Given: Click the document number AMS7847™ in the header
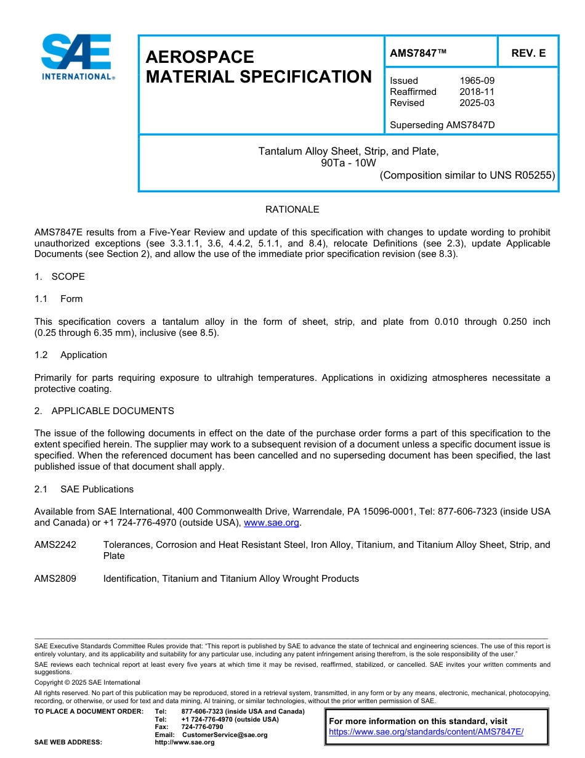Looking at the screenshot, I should click(418, 54).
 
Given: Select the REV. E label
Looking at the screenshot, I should click(528, 54).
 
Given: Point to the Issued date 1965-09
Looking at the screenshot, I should click(477, 81).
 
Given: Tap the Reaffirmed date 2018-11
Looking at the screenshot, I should click(477, 92).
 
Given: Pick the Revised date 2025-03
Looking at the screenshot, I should click(477, 103).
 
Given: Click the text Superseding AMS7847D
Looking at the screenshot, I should click(442, 125).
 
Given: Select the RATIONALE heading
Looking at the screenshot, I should click(292, 210).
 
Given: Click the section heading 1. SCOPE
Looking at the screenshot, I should click(60, 277).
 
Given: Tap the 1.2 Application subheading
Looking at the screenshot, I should click(71, 355).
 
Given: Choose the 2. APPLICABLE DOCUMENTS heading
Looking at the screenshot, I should click(104, 411).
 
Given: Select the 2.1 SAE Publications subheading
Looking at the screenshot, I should click(84, 489).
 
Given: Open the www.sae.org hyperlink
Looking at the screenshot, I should click(272, 523).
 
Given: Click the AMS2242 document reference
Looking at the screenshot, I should click(55, 545).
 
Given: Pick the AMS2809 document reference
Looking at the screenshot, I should click(55, 579).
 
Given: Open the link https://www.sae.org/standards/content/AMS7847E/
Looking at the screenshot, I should click(426, 732).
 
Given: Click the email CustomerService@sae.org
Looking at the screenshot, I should click(225, 735).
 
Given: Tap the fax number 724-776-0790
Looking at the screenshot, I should click(202, 727).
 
